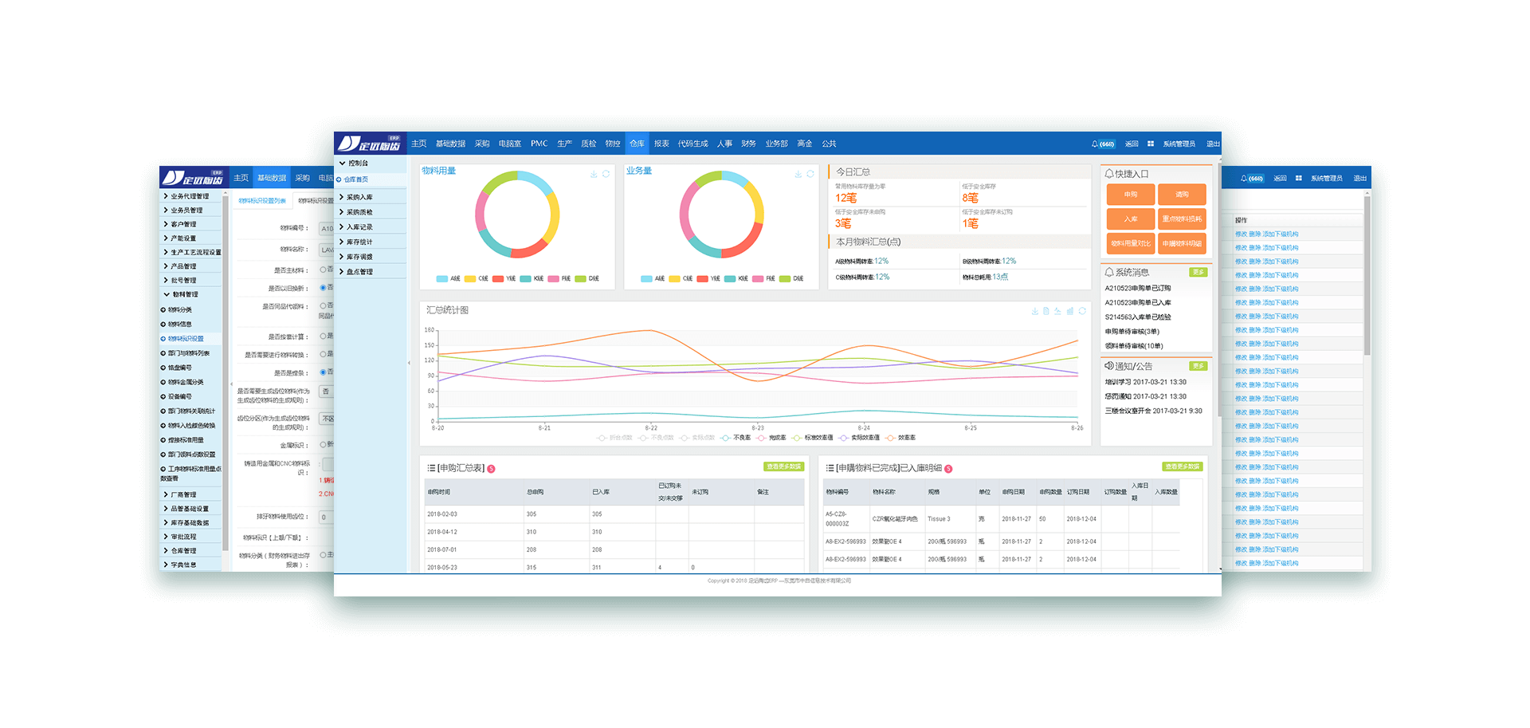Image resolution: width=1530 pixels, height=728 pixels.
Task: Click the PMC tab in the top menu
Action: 539,144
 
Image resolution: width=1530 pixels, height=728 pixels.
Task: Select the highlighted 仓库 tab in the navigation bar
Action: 637,144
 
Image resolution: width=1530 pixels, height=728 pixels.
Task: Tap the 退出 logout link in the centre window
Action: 1212,144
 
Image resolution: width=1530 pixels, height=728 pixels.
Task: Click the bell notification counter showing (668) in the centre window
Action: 1103,144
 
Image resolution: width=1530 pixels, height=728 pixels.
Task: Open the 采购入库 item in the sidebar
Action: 359,197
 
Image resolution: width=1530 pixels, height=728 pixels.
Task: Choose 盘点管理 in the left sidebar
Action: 359,272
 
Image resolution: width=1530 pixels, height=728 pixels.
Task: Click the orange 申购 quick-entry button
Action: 1131,195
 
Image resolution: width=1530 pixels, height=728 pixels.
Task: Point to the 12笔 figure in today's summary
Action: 845,198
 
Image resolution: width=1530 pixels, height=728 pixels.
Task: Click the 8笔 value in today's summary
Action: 970,198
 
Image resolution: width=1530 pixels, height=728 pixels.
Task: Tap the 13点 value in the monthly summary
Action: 1000,277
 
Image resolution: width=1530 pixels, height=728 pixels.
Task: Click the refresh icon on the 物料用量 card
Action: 606,174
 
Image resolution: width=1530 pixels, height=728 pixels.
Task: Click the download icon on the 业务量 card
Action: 798,174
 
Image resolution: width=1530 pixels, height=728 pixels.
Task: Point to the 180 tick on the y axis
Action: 430,330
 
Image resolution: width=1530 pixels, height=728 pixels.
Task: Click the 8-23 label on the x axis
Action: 757,428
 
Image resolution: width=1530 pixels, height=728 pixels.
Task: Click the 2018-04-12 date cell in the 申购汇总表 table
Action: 442,532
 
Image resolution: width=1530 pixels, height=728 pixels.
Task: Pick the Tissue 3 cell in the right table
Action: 939,519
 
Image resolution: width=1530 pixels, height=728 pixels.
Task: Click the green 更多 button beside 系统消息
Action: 1198,273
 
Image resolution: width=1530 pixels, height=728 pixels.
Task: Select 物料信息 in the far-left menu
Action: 179,325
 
